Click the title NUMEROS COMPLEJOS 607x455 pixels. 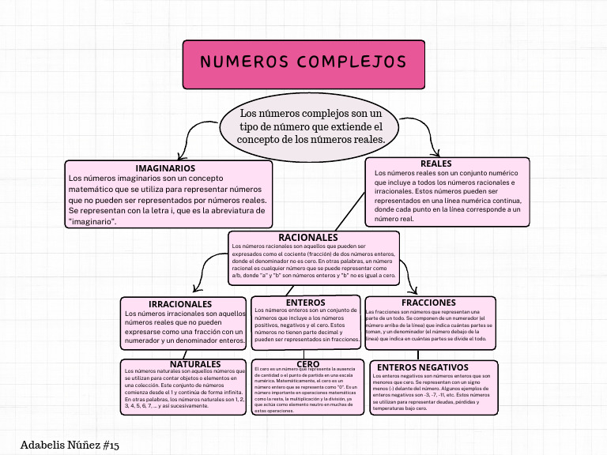click(x=303, y=62)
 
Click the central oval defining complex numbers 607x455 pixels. click(x=311, y=126)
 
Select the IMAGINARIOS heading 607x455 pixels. click(x=165, y=168)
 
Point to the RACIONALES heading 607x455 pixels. click(x=308, y=237)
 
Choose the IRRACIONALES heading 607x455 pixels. click(x=180, y=303)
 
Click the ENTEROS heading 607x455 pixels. click(x=306, y=303)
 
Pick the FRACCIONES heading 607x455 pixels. click(x=428, y=303)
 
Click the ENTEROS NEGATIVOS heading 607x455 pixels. click(x=428, y=367)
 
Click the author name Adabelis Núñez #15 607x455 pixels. click(x=70, y=446)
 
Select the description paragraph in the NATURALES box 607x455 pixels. click(x=183, y=390)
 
